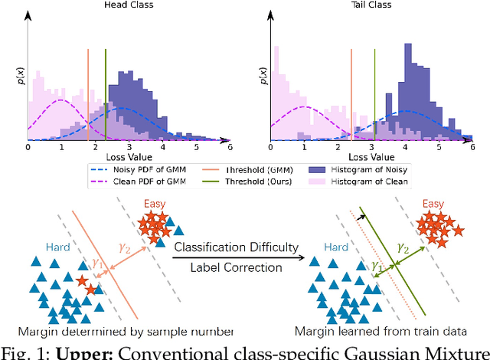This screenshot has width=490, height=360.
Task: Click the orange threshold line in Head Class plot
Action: tap(89, 92)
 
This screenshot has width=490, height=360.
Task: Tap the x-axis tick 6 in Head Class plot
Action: tap(230, 146)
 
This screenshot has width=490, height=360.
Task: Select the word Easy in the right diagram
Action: tap(433, 204)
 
